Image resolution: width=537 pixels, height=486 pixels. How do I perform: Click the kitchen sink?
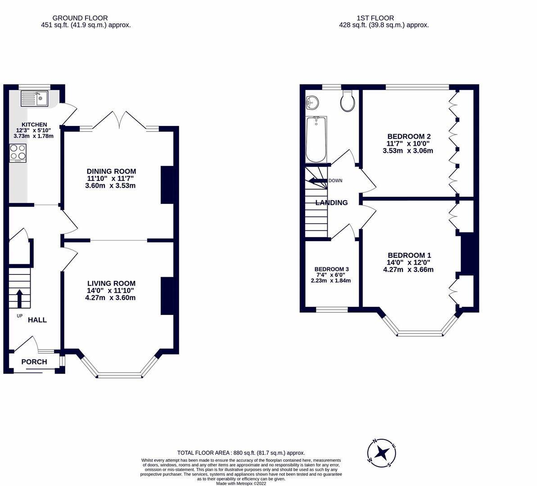(x=35, y=98)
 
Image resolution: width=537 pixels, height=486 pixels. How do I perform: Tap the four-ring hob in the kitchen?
(x=18, y=153)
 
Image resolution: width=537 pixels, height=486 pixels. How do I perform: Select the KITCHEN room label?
(x=34, y=125)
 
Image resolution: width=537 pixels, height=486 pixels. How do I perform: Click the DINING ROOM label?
(x=111, y=171)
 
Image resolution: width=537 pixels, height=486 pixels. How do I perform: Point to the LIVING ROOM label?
(x=111, y=283)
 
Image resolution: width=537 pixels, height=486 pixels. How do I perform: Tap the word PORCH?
(x=34, y=362)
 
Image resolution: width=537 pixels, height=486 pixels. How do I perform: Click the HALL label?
(x=37, y=320)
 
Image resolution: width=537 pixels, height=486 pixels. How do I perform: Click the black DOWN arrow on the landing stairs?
(x=317, y=181)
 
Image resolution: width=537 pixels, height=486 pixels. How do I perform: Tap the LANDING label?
(x=331, y=203)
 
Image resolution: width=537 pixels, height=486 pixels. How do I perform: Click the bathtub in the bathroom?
(x=316, y=139)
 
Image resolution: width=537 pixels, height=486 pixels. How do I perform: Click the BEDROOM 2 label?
(x=409, y=137)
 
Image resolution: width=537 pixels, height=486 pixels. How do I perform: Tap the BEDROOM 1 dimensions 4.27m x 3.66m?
(x=408, y=270)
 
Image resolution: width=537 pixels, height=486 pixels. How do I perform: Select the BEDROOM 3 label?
(x=331, y=269)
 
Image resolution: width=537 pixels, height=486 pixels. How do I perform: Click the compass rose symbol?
(x=382, y=452)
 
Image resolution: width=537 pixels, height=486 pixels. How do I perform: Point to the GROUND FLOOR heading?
(x=80, y=18)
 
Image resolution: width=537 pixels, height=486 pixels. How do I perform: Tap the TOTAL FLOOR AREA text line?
(x=241, y=453)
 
